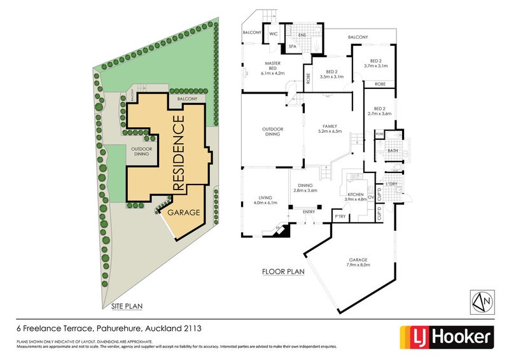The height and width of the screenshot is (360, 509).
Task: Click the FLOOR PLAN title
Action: pos(284,272)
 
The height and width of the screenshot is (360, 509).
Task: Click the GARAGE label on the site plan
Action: pos(185,212)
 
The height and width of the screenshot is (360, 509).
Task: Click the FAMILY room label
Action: pos(330,128)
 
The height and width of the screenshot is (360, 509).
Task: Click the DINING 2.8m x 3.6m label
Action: pos(304,188)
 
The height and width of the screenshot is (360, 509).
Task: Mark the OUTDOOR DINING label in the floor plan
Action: pos(272,132)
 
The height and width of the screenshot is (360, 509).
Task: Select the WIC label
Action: pos(274,33)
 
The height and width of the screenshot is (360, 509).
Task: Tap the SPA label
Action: pos(293,46)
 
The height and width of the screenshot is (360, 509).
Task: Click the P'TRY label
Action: pos(340,217)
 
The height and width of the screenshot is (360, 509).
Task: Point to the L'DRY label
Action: pos(392,184)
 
